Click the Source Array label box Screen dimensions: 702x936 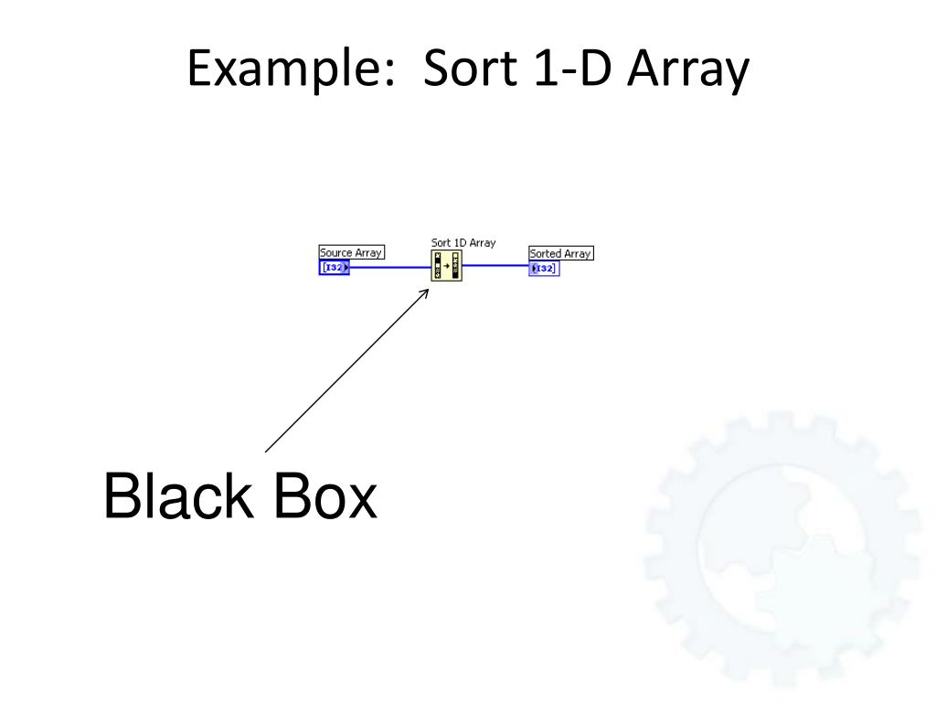click(x=351, y=252)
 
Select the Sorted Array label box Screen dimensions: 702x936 click(x=561, y=253)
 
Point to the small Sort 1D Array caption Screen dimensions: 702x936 click(x=463, y=242)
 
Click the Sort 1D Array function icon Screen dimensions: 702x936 click(x=447, y=266)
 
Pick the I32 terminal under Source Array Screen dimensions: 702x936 click(x=335, y=267)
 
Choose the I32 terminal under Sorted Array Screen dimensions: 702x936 click(x=543, y=268)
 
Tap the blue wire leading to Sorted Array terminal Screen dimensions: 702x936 click(x=495, y=266)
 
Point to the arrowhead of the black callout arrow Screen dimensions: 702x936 click(x=426, y=292)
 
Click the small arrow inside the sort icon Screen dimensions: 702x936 click(x=447, y=267)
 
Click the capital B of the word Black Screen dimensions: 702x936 click(x=122, y=498)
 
